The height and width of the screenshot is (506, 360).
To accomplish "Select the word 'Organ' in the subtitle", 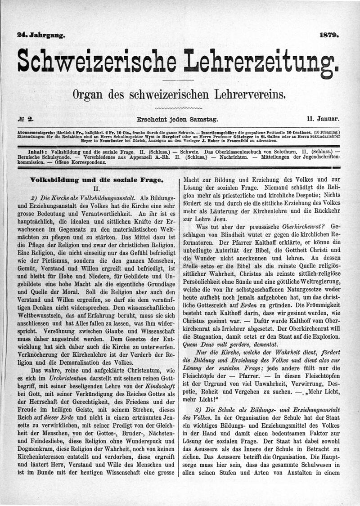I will click(88, 94).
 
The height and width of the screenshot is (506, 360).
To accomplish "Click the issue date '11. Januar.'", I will click(323, 120).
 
